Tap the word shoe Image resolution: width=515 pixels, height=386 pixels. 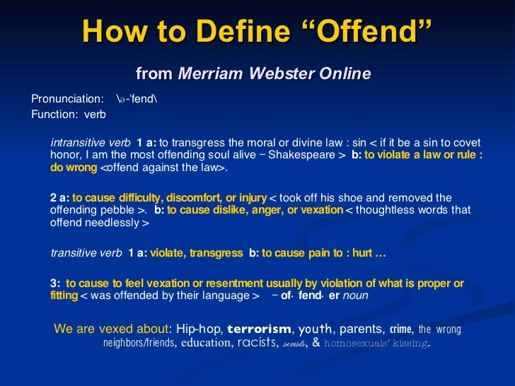(366, 197)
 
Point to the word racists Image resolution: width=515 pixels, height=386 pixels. (257, 344)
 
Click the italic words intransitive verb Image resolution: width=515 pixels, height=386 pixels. (91, 141)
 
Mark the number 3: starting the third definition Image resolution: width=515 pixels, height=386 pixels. (56, 283)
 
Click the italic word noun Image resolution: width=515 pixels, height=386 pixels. (355, 296)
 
